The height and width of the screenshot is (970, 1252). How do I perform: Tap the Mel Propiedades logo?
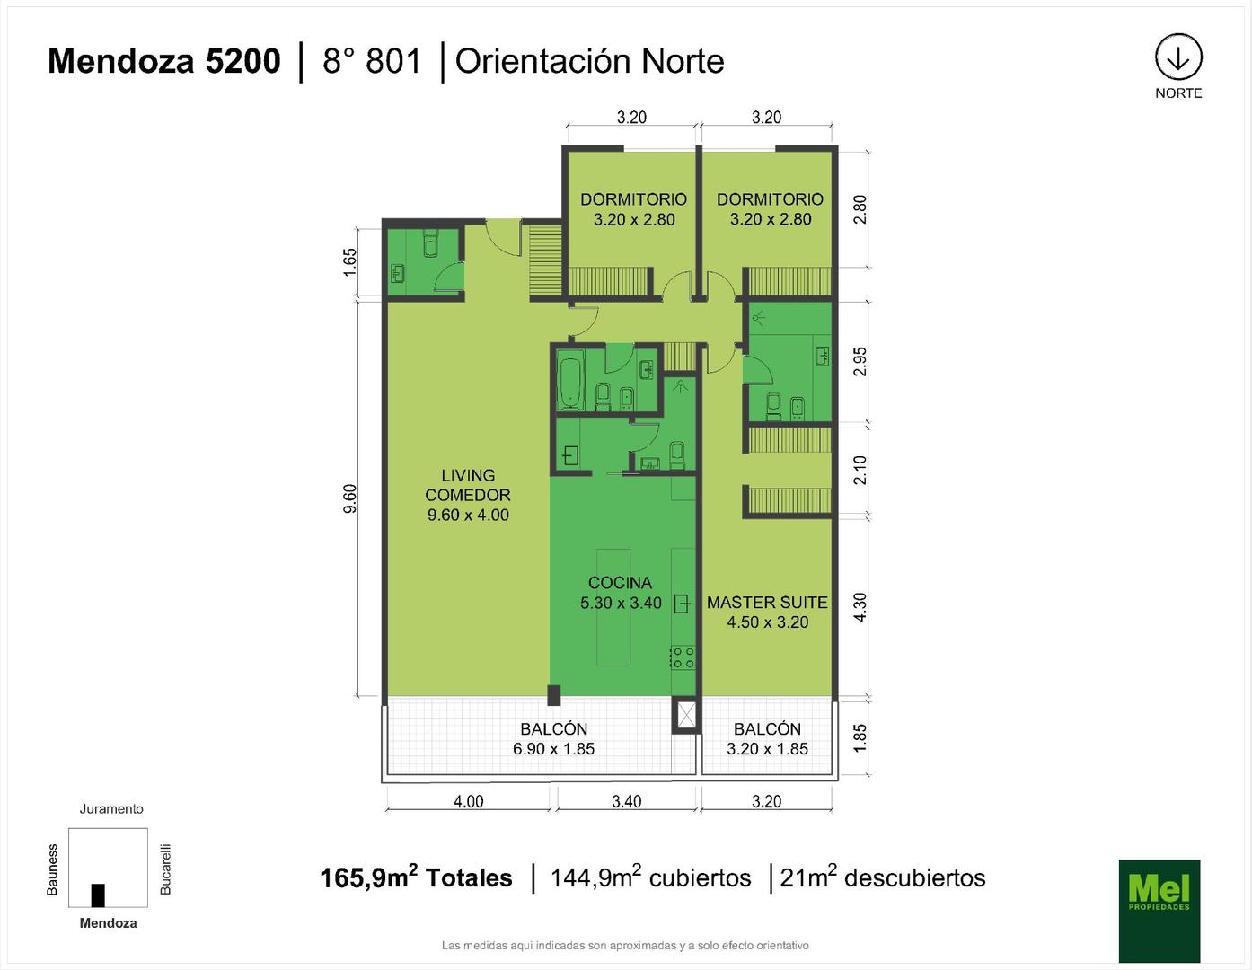1159,910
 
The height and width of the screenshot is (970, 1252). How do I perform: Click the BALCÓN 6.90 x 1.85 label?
553,739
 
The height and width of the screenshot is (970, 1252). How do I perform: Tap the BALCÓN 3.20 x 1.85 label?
767,739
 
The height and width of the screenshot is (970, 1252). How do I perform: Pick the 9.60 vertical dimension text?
349,498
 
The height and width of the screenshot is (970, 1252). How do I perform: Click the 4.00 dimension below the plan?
469,801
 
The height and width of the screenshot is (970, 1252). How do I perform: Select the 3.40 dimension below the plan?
626,801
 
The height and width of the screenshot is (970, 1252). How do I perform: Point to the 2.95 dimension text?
860,361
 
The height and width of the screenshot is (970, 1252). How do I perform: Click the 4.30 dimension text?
860,607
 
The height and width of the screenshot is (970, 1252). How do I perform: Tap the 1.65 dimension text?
349,262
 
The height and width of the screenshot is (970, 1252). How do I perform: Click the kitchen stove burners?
683,657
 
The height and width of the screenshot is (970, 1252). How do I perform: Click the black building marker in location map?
98,895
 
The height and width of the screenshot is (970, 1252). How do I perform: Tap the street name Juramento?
111,808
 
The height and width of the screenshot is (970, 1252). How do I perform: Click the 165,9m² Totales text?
416,877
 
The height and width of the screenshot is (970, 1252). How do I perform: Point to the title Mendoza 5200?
164,61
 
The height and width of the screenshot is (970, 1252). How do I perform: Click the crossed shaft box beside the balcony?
686,716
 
